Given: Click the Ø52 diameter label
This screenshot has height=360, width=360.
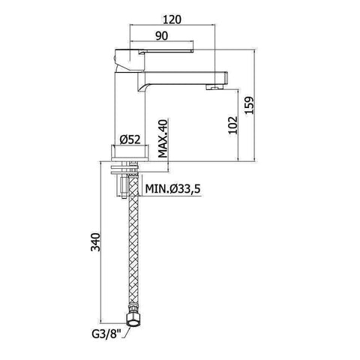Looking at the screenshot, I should [x=131, y=139].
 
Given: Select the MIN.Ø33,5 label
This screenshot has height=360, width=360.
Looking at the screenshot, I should [x=173, y=192].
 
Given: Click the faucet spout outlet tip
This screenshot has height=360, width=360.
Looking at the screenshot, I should [x=216, y=87].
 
